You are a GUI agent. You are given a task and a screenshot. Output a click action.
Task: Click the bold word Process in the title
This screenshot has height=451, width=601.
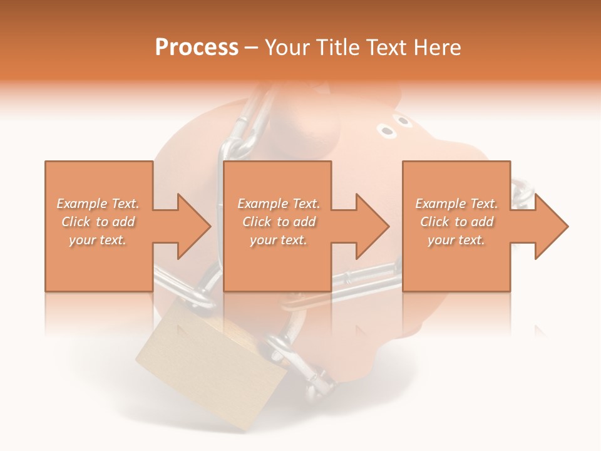197,48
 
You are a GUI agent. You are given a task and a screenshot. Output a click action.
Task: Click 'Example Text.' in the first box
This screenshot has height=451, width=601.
98,204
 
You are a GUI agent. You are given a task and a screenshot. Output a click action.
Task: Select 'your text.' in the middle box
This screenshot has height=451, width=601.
278,240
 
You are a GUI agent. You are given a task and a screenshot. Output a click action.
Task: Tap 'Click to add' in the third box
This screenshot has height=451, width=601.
456,222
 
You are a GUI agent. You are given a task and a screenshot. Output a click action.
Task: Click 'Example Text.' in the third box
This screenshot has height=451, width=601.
456,204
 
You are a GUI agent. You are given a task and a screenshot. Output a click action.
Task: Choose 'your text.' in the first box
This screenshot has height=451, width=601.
98,240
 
